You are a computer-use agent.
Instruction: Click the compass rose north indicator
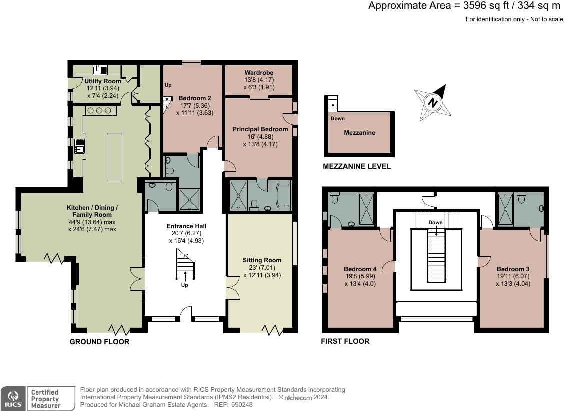pos(432,103)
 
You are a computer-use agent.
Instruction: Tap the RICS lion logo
pos(13,398)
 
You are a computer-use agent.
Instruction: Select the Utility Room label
pos(103,81)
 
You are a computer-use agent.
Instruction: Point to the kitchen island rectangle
pos(115,157)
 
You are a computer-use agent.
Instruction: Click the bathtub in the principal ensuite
pos(283,196)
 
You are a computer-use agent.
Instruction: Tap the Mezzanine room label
pos(359,133)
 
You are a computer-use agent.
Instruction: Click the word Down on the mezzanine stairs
pos(337,118)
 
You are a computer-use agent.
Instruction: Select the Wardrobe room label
pos(259,72)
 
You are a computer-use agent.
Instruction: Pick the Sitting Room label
pos(262,260)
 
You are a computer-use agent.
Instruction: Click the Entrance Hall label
pos(186,226)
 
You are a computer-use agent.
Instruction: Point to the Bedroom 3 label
pos(513,269)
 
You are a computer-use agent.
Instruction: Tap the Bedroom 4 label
pos(360,269)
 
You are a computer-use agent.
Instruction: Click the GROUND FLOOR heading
pos(99,342)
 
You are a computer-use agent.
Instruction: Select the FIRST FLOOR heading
pos(345,341)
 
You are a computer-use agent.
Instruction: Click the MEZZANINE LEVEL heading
pos(357,166)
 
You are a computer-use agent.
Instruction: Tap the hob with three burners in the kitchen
pos(101,110)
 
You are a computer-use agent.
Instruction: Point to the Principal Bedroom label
pos(260,129)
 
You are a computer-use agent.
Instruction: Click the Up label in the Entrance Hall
pos(184,285)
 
